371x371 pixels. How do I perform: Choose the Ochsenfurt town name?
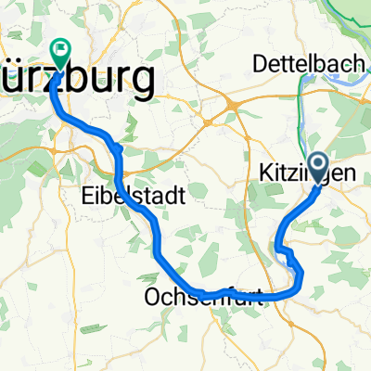[x=204, y=298]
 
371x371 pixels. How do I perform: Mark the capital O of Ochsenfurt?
[x=152, y=298]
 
